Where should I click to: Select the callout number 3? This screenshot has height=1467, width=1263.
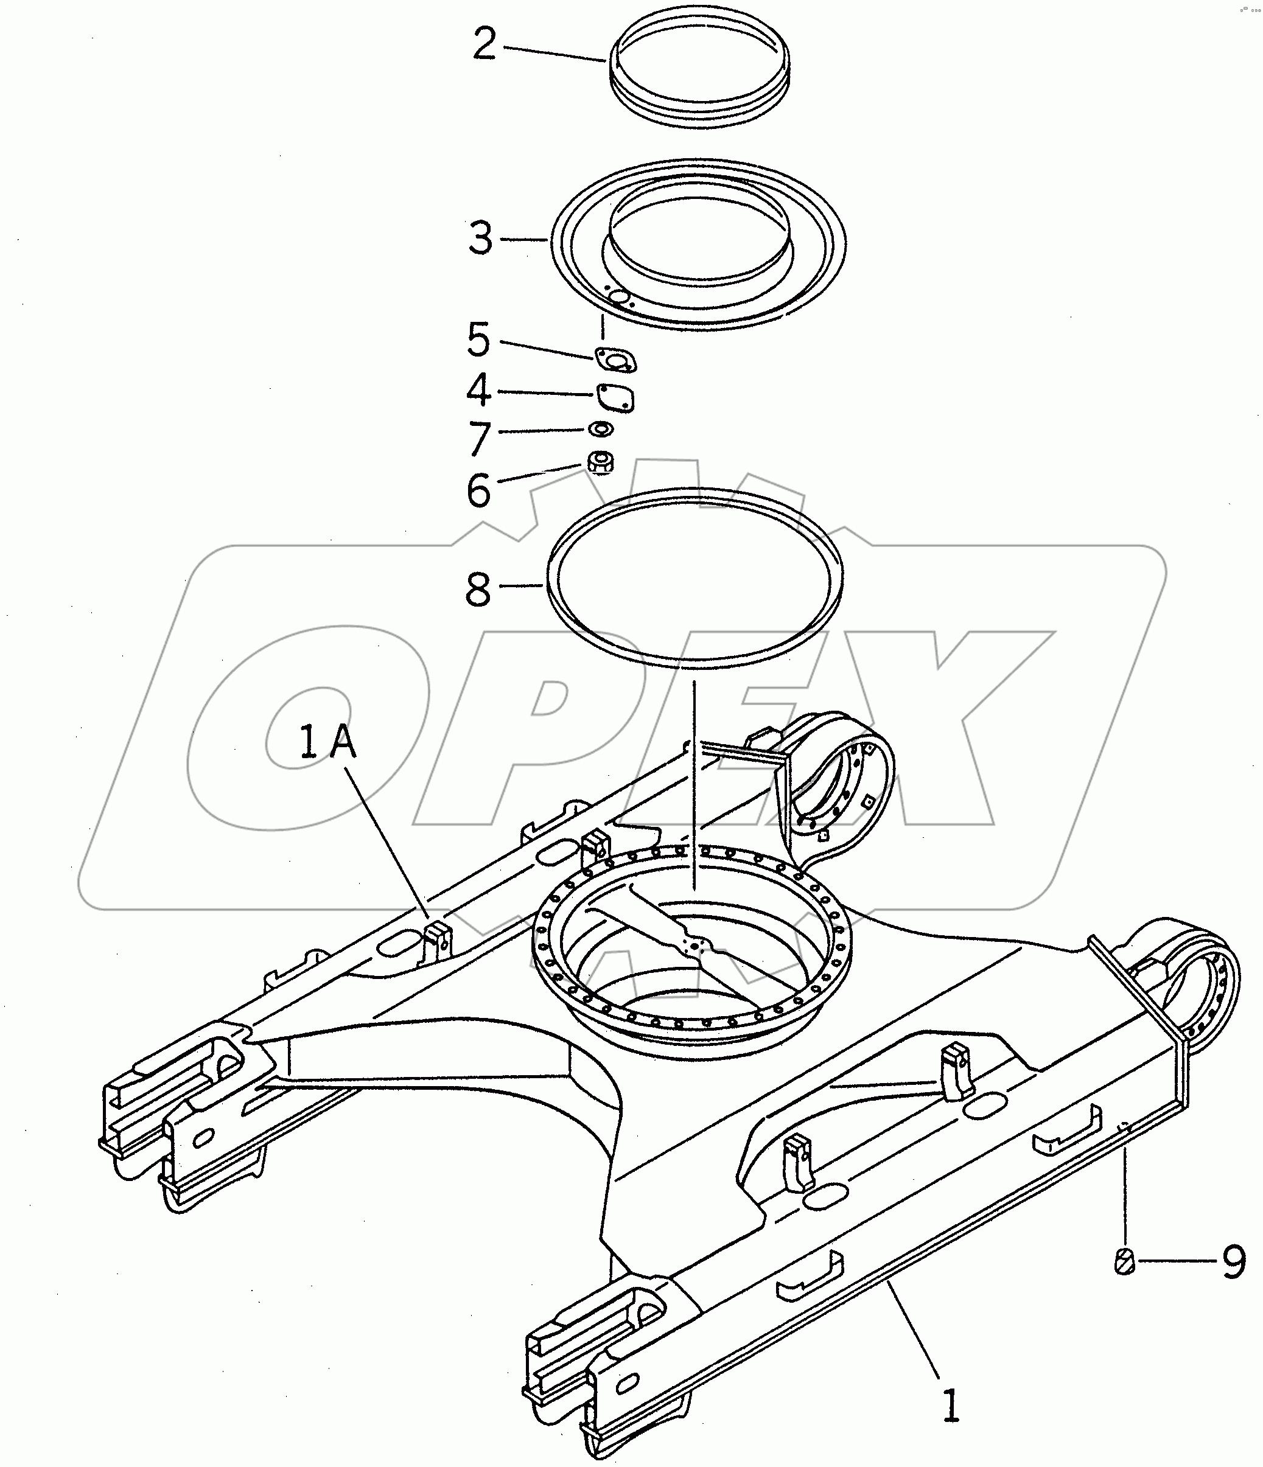point(480,238)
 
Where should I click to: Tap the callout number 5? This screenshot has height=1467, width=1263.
point(479,340)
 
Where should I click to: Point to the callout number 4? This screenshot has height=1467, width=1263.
point(479,390)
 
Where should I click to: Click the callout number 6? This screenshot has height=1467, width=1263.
point(479,490)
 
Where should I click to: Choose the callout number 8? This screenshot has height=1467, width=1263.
point(478,589)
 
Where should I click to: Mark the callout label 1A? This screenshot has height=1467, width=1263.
point(328,744)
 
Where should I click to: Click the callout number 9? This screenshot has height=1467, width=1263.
point(1233,1263)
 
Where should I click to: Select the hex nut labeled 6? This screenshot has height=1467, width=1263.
point(601,464)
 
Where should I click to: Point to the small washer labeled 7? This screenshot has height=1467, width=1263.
point(601,429)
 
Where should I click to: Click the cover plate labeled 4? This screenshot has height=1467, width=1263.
point(615,398)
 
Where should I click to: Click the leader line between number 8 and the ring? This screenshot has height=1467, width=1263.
point(523,585)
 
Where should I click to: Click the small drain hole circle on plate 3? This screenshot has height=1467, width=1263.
point(618,298)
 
